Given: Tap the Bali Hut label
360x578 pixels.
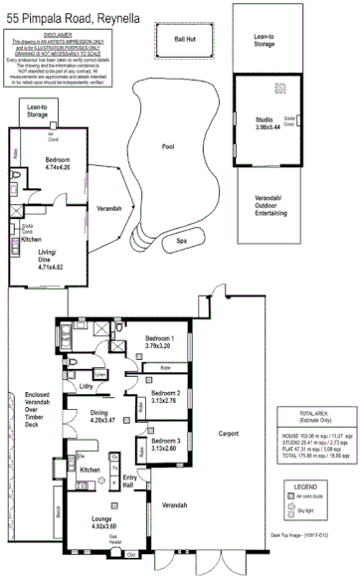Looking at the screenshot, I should coord(184,39).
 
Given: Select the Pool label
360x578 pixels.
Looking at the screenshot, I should coord(168,146).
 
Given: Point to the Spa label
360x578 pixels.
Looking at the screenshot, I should coord(181,241).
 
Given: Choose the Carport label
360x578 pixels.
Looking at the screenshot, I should coord(229,434).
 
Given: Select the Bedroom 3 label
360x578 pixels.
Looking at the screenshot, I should coord(165,444).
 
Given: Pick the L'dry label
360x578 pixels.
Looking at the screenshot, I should coord(87,386).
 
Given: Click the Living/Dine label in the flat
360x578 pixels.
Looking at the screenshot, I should coord(50,263).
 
